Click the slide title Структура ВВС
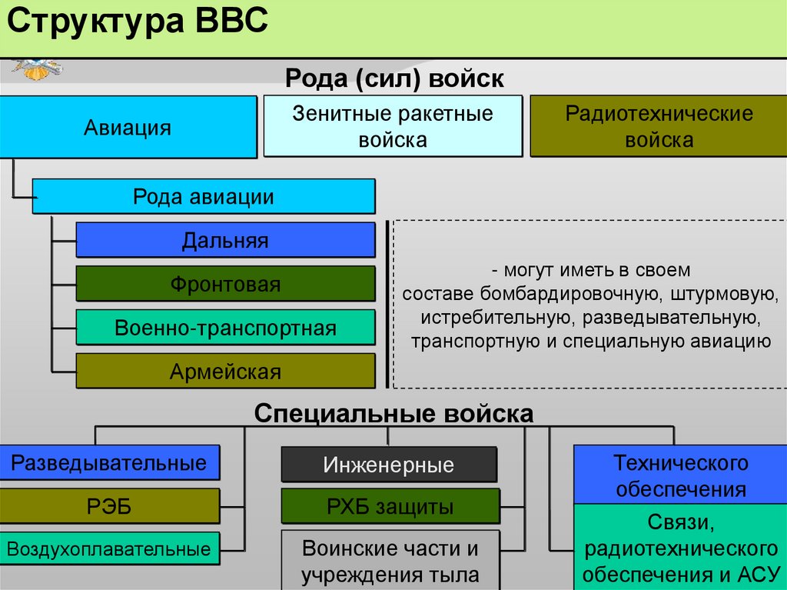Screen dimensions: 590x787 [138, 23]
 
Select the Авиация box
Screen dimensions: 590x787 [128, 127]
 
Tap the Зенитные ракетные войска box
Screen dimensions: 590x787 [393, 126]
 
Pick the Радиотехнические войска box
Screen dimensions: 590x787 [659, 126]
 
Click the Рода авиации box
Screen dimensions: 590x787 [204, 196]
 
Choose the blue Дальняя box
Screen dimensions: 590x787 [225, 240]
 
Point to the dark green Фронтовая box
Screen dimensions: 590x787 [225, 284]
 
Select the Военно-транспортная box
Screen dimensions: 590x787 [225, 328]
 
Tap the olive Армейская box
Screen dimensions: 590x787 [225, 372]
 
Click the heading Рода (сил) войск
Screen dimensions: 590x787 [394, 78]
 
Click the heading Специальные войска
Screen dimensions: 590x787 [393, 414]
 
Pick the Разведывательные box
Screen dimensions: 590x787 [109, 462]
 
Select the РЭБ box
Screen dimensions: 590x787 [109, 505]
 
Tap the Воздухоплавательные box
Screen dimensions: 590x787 [109, 549]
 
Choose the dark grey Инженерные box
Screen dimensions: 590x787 [389, 465]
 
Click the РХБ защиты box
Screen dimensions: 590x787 [389, 506]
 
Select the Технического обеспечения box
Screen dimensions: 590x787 [680, 475]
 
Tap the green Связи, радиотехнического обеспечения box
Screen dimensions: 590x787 [680, 548]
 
